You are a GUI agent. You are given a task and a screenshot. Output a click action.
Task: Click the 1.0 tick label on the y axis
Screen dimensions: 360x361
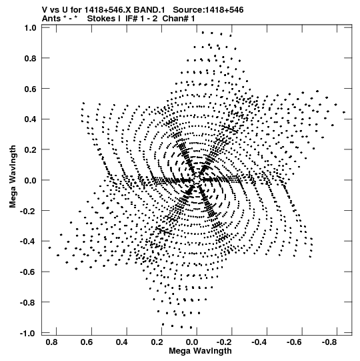pos(31,28)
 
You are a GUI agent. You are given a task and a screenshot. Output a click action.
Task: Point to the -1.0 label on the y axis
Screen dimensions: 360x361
pos(28,333)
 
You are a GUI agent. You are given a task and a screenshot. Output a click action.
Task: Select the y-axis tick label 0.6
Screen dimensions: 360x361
pos(31,89)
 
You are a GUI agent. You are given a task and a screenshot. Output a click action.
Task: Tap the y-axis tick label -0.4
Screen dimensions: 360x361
pos(28,242)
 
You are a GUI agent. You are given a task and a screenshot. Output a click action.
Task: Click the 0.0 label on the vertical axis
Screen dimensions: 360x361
pos(31,180)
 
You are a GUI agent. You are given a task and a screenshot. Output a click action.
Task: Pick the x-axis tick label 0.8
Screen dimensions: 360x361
pos(51,342)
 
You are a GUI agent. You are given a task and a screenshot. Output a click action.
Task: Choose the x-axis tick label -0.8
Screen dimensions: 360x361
pos(329,342)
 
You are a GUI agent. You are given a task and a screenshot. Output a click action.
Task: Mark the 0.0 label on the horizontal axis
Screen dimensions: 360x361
pos(192,342)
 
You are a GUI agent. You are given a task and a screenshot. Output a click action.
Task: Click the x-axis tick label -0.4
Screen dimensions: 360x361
pos(259,342)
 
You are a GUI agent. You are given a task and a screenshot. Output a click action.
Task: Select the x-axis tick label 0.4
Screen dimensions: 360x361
pos(122,342)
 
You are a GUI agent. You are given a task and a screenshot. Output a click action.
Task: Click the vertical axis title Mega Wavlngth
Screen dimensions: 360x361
pos(13,177)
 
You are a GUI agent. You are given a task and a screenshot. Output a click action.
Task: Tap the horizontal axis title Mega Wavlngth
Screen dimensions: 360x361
pos(200,351)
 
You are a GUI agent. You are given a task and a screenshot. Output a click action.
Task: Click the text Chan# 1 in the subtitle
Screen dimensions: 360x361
pos(179,19)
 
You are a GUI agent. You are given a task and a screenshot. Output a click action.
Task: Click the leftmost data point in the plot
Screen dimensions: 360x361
pos(50,248)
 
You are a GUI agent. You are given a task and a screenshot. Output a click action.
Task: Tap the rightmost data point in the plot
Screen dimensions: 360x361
pos(344,112)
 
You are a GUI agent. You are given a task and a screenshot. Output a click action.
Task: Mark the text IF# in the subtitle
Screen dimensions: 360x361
pos(131,19)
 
